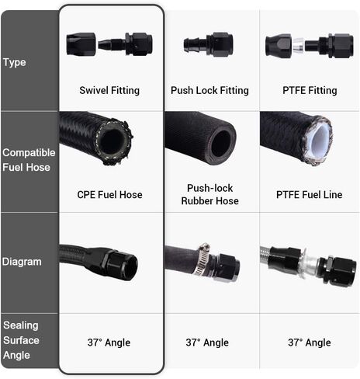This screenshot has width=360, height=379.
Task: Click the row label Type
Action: click(15, 63)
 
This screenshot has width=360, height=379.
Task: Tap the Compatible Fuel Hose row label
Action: click(29, 160)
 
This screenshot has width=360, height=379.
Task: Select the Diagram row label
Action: click(22, 262)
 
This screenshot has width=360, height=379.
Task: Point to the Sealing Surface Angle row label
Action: click(21, 340)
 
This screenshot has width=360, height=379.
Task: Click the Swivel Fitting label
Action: click(109, 90)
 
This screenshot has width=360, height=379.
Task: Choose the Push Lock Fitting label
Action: click(209, 90)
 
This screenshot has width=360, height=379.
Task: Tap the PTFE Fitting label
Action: click(310, 90)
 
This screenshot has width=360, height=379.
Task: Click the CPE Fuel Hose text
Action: click(109, 195)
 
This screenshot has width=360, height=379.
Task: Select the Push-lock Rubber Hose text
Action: click(209, 194)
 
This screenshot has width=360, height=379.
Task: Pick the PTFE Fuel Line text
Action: click(309, 195)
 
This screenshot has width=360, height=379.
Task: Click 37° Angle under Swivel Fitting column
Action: click(109, 342)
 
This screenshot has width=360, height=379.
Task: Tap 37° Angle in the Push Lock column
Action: click(207, 342)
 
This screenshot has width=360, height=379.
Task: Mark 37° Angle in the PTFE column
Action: click(310, 342)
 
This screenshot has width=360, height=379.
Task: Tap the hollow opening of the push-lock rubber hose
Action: click(220, 143)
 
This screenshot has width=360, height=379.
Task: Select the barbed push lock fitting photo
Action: click(208, 44)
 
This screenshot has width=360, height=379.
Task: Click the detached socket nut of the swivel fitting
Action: click(81, 44)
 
